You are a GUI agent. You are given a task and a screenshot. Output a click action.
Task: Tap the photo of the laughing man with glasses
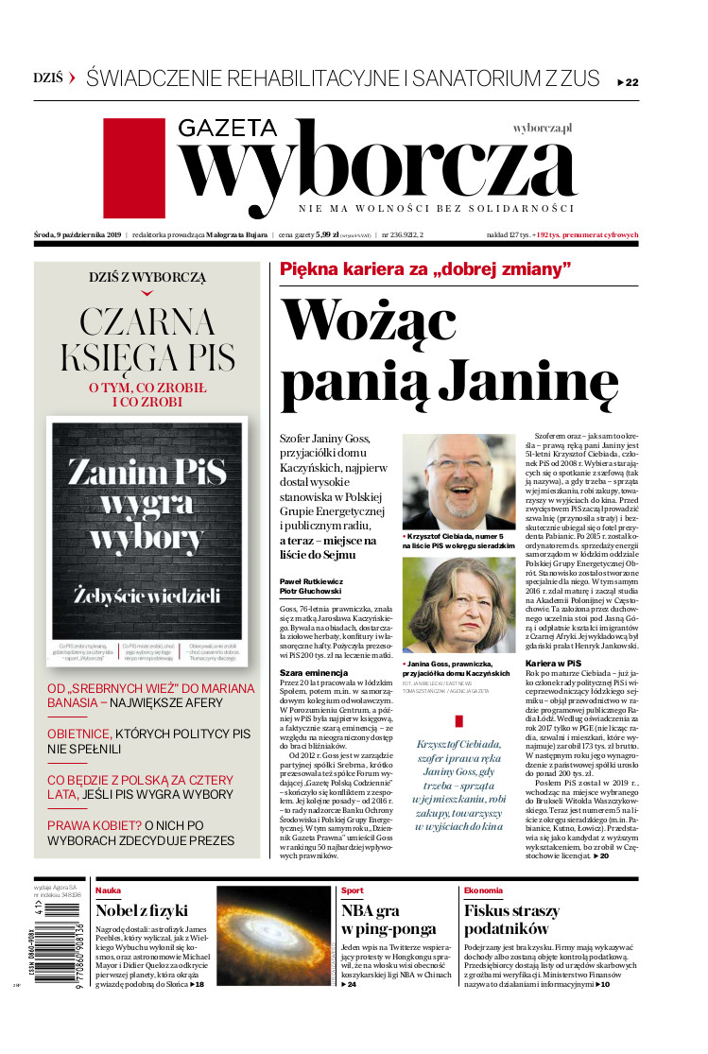coord(458,480)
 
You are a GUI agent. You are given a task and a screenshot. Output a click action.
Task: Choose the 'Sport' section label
coord(352,890)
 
